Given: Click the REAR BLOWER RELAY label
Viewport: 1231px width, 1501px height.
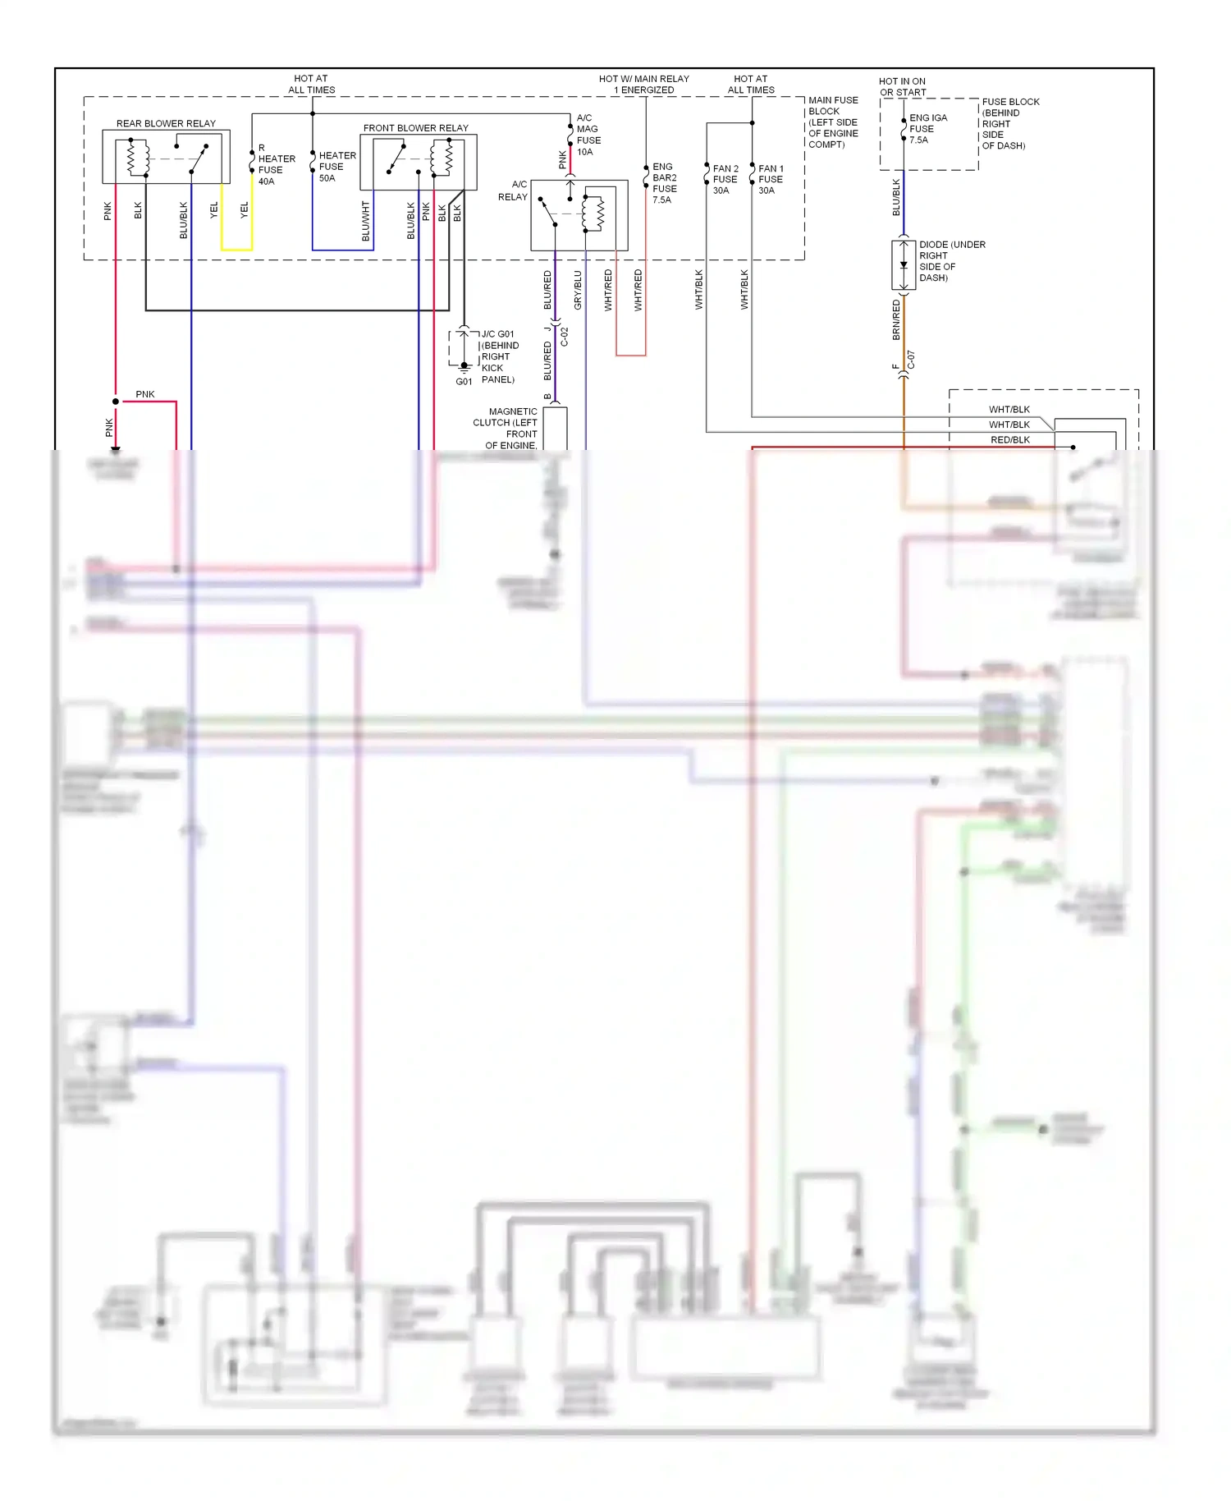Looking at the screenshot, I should pos(166,123).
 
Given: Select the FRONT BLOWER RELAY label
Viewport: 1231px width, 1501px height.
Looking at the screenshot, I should pos(415,128).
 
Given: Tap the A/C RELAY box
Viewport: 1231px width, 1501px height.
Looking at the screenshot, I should pos(579,215).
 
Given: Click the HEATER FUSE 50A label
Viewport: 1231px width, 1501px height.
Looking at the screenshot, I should pos(336,167).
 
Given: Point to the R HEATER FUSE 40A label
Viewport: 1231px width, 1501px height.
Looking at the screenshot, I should pos(276,165).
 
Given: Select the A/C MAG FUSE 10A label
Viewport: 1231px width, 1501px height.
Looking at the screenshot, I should pos(588,135).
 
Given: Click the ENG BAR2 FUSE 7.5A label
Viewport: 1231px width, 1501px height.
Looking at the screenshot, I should pos(664,183).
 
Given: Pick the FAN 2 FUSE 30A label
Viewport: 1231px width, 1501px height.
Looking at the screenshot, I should pos(725,179).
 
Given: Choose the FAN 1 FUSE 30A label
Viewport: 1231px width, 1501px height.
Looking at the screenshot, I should pos(770,179).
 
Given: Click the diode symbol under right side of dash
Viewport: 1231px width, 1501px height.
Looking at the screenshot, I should pos(904,265).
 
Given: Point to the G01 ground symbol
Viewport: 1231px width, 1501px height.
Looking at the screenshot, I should pos(464,367).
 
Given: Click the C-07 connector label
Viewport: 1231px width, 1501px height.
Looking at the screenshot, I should pos(911,360).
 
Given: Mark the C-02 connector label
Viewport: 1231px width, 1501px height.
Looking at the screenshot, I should pos(565,336).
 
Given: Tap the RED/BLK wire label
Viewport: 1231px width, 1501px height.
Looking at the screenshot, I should pos(1009,440).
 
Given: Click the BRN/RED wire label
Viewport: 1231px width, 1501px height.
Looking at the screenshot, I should pos(896,319).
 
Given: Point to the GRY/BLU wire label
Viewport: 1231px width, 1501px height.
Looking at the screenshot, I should pos(578,290).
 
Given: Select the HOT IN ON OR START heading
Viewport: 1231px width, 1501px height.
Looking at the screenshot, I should pos(902,87).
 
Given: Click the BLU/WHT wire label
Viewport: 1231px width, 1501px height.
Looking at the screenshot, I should pos(366,221).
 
